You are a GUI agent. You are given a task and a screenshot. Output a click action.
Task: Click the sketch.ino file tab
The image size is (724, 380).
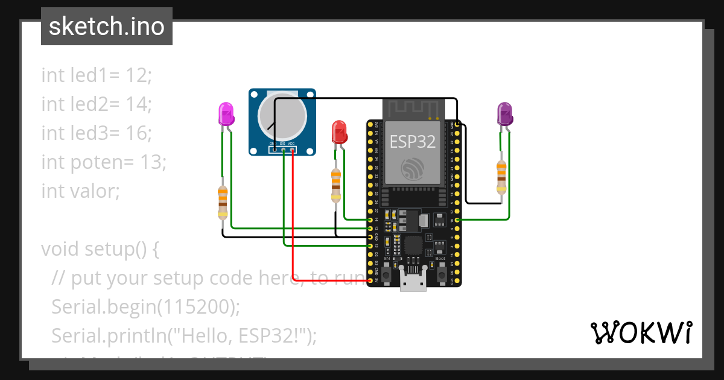click(107, 27)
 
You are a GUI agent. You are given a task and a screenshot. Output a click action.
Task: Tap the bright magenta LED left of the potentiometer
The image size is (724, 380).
click(226, 115)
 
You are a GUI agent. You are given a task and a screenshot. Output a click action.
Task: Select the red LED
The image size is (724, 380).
click(340, 132)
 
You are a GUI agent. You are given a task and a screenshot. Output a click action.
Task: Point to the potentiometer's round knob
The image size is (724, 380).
click(279, 115)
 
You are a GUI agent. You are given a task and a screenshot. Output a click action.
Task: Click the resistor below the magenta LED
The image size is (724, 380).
click(223, 202)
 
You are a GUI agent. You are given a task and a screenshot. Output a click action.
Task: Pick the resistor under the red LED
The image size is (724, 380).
click(336, 185)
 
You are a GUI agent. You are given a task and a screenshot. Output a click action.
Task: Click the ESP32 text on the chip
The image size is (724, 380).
click(413, 141)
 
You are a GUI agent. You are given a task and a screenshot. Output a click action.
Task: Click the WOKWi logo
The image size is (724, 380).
click(641, 332)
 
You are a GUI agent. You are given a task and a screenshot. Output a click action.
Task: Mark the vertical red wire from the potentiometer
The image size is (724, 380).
click(293, 211)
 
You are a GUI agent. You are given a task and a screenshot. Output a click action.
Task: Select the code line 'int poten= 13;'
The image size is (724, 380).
click(103, 162)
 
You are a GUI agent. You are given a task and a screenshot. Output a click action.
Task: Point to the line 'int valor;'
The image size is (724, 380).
click(81, 191)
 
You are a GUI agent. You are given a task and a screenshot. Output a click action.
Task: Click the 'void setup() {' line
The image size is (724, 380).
click(100, 249)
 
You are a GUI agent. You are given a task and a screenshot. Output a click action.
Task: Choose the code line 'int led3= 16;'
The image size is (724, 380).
click(97, 133)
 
